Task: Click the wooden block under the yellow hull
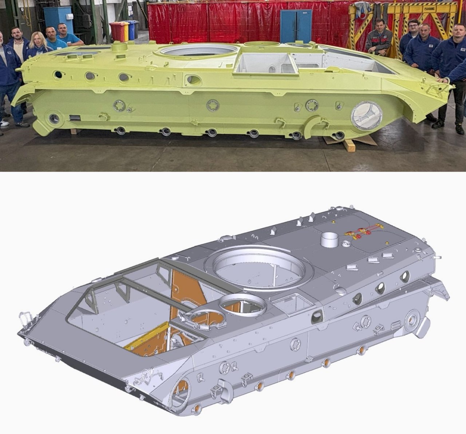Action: tap(348, 145)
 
